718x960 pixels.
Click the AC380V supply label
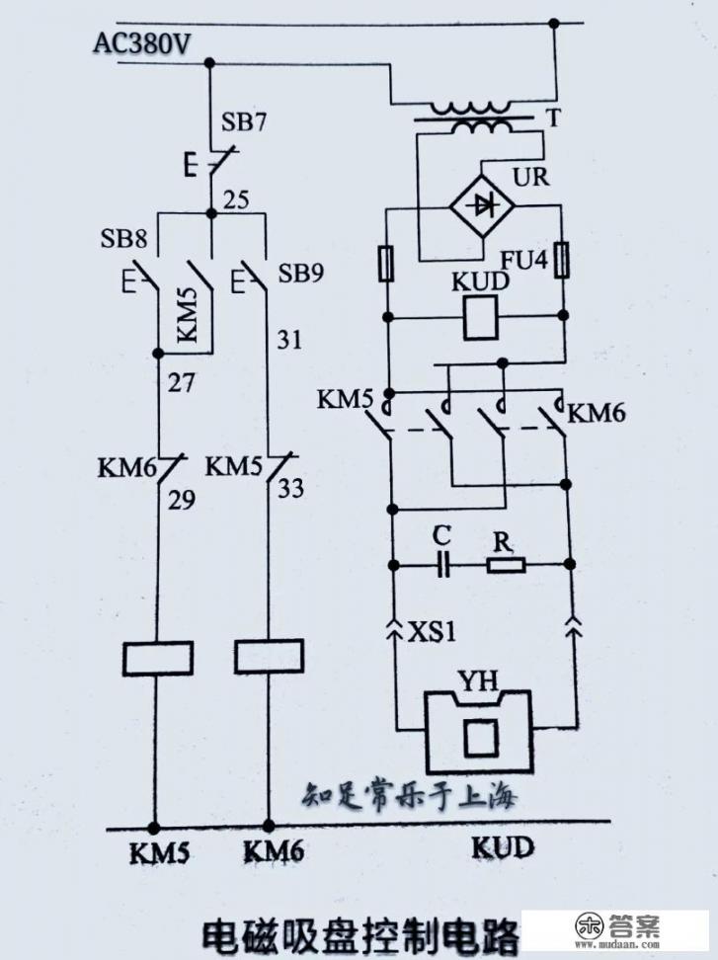tap(142, 43)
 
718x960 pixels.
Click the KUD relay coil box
tap(480, 317)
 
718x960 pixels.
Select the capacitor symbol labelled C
tap(443, 566)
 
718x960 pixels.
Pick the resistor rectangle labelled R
tap(506, 566)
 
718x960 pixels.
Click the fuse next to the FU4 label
tap(562, 262)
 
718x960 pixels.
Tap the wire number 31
tap(288, 341)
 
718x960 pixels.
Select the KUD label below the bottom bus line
tap(502, 847)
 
